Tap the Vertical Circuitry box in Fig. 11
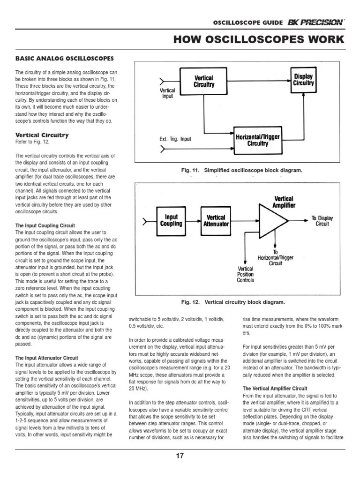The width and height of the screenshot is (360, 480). point(204,82)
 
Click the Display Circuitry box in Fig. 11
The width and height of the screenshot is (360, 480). point(303,80)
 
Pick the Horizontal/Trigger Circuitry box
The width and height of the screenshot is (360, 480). point(258,140)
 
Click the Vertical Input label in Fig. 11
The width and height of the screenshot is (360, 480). point(167,93)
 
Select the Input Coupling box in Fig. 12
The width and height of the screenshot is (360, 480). point(171,220)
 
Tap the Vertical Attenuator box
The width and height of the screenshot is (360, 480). point(216,220)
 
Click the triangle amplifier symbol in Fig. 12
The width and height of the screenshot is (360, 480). point(274,220)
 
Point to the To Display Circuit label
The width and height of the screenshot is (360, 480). point(322,221)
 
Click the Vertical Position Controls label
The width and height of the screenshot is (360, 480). point(245,275)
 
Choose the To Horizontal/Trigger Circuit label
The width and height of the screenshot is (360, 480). point(276,257)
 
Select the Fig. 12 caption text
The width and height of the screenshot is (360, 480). point(233,302)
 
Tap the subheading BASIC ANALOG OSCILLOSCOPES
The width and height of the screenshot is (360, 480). point(65,59)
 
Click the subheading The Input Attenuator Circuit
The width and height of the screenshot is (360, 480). point(47,358)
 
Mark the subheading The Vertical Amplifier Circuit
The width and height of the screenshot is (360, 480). point(275,389)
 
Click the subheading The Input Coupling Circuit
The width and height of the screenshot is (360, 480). point(45,225)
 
